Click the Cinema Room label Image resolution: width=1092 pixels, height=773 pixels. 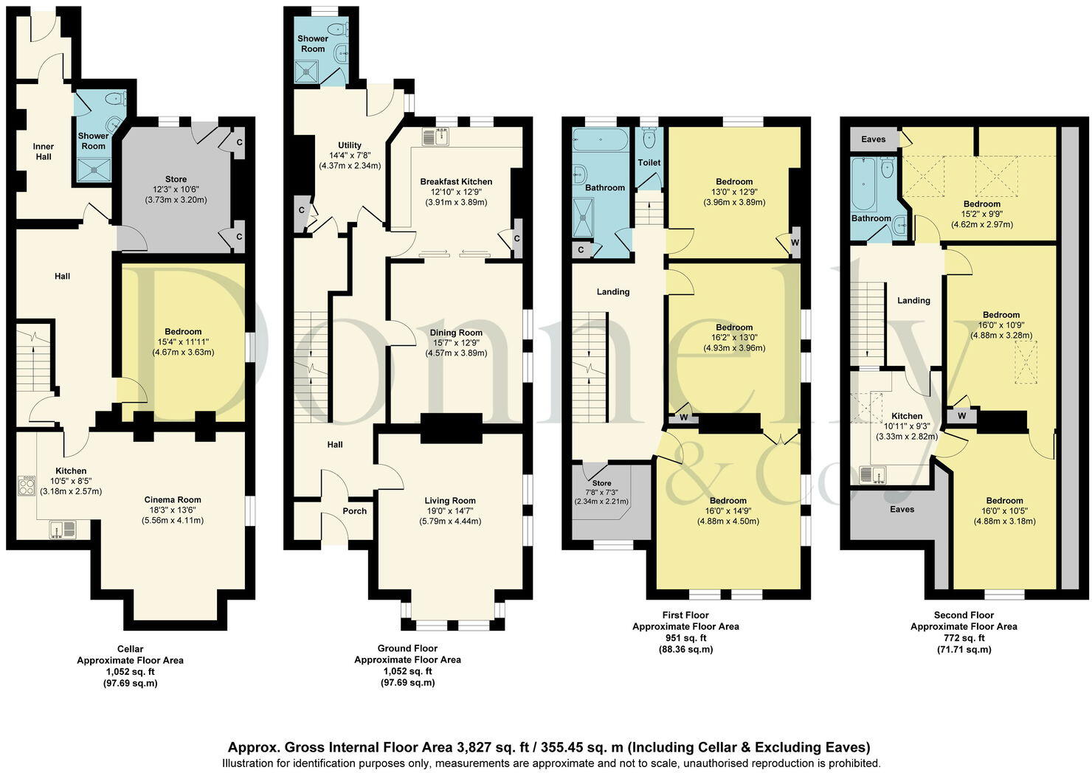[x=173, y=499]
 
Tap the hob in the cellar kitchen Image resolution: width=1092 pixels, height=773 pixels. [x=25, y=485]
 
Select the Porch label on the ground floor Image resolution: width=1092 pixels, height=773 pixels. [x=354, y=510]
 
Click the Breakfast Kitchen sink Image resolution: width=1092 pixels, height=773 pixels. [x=435, y=136]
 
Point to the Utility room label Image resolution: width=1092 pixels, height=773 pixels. [x=350, y=145]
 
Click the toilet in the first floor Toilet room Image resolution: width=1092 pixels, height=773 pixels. [x=649, y=139]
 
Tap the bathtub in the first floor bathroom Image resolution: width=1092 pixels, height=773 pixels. [x=601, y=139]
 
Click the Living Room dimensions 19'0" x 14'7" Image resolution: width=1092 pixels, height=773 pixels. [x=450, y=510]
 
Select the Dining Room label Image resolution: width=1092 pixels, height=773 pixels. [x=456, y=333]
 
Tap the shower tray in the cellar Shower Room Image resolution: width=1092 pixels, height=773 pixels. [x=94, y=169]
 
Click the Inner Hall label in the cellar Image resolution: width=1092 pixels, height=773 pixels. [x=44, y=151]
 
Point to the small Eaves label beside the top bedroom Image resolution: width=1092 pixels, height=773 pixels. [x=873, y=139]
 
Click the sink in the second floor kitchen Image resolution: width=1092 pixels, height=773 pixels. [x=872, y=475]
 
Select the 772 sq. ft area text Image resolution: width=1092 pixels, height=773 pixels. [x=964, y=637]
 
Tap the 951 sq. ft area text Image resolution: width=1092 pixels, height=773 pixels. [x=685, y=637]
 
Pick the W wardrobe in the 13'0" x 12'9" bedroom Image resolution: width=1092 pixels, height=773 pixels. [x=795, y=242]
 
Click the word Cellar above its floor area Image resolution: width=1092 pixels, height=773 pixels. [x=130, y=649]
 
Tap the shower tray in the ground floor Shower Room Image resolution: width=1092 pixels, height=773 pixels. [x=307, y=72]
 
